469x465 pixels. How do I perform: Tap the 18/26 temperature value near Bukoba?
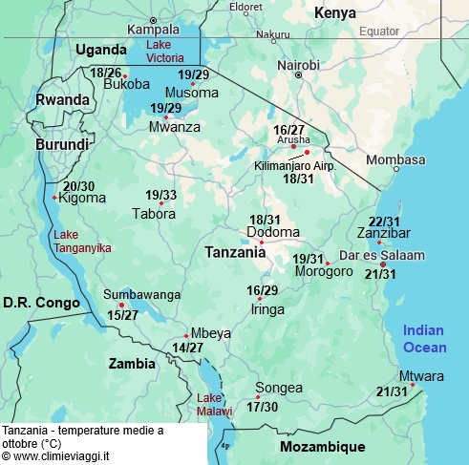pos(105,73)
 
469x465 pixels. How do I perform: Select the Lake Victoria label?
pos(159,51)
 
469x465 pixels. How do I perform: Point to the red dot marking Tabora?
pos(161,203)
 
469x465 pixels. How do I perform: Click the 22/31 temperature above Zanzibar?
pos(384,222)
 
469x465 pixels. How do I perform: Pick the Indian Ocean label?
pos(423,337)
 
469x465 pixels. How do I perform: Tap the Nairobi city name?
pos(298,65)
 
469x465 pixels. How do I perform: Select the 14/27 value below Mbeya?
pos(187,348)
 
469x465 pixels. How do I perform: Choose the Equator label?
pos(379,31)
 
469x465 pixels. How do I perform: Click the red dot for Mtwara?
pos(414,385)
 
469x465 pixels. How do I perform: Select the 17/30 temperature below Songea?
pos(262,407)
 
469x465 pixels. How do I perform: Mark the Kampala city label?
pos(153,30)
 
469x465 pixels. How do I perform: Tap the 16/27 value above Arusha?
pos(288,130)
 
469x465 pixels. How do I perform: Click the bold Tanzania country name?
pos(235,253)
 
